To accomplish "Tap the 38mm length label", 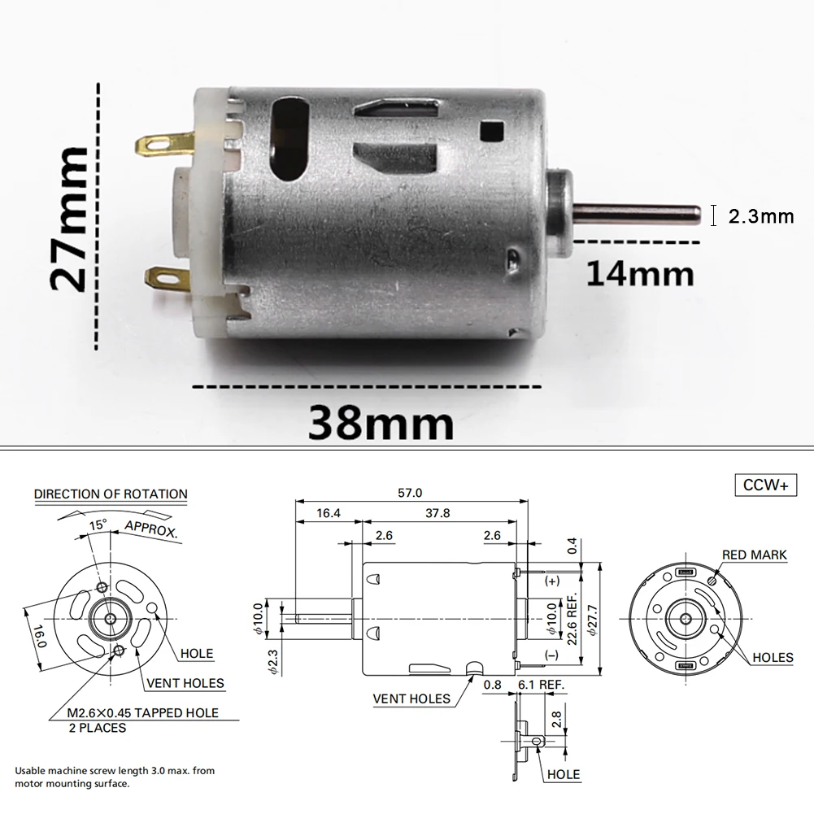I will pos(381,423).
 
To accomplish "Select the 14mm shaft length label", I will pos(641,273).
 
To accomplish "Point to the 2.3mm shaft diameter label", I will pos(760,216).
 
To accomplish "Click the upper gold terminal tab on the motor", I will pos(163,146).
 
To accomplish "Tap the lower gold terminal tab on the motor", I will pos(169,281).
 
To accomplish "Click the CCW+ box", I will pos(765,485).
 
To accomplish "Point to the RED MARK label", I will pos(754,555).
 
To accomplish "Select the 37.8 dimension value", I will pos(437,513).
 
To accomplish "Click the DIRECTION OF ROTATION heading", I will pos(111,494).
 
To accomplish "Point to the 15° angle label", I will pos(98,525).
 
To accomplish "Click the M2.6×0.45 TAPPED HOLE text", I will pos(143,713).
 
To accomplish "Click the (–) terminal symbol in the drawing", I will pos(552,654).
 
